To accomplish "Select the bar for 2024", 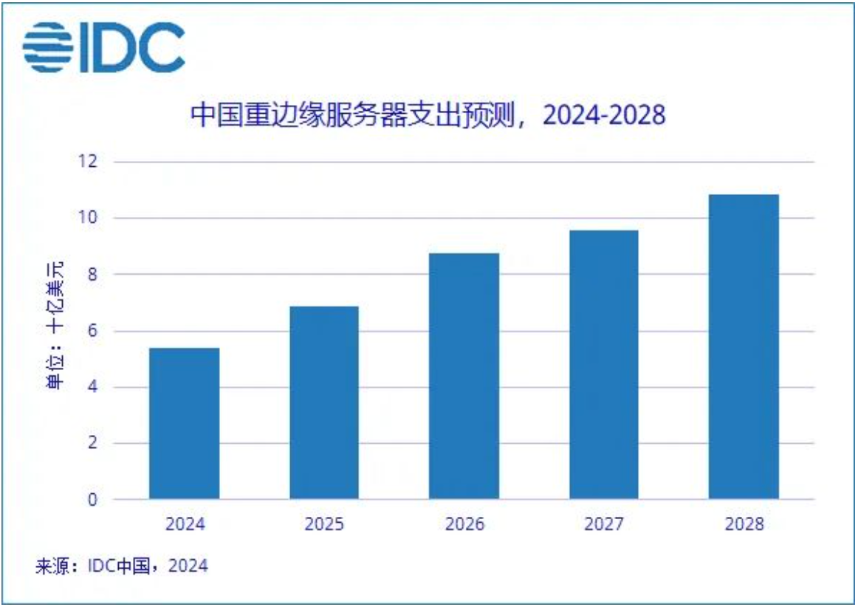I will (184, 423).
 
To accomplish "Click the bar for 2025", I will (324, 402).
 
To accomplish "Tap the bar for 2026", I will (464, 376).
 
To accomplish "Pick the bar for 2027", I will (603, 365).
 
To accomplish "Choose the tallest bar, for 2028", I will (744, 347).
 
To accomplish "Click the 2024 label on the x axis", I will (184, 524).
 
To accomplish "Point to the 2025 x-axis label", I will (324, 524).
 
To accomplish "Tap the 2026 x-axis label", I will (464, 524).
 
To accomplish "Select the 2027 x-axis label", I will (604, 524).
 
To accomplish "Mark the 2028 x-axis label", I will (744, 524).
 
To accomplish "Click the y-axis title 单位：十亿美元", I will (55, 326).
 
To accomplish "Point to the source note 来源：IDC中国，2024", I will (121, 566).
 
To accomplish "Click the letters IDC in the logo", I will (131, 47).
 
